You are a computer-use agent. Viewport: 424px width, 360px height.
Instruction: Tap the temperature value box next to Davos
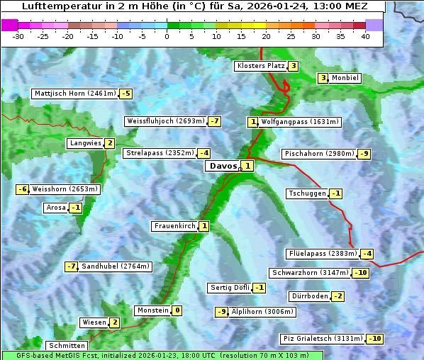(247, 166)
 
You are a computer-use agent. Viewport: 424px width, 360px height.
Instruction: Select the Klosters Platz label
(260, 66)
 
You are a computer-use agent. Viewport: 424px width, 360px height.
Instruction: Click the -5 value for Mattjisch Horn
(125, 93)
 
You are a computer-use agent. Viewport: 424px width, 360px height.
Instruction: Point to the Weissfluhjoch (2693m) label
(165, 121)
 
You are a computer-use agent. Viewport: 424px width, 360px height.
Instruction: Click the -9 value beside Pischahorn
(364, 154)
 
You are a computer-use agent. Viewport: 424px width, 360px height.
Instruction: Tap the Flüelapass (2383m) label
(322, 254)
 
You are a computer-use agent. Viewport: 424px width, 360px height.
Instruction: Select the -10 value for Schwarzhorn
(362, 273)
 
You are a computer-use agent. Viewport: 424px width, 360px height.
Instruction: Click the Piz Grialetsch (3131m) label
(323, 339)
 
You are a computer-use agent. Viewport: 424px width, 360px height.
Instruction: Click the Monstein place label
(153, 310)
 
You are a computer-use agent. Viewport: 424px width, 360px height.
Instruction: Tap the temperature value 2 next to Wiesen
(114, 322)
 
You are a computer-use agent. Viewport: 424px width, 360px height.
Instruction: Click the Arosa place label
(55, 208)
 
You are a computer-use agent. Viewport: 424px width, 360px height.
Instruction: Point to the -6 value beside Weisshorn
(23, 189)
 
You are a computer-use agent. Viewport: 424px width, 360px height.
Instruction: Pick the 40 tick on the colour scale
(365, 37)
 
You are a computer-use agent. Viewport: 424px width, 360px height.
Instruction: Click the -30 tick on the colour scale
(18, 37)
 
